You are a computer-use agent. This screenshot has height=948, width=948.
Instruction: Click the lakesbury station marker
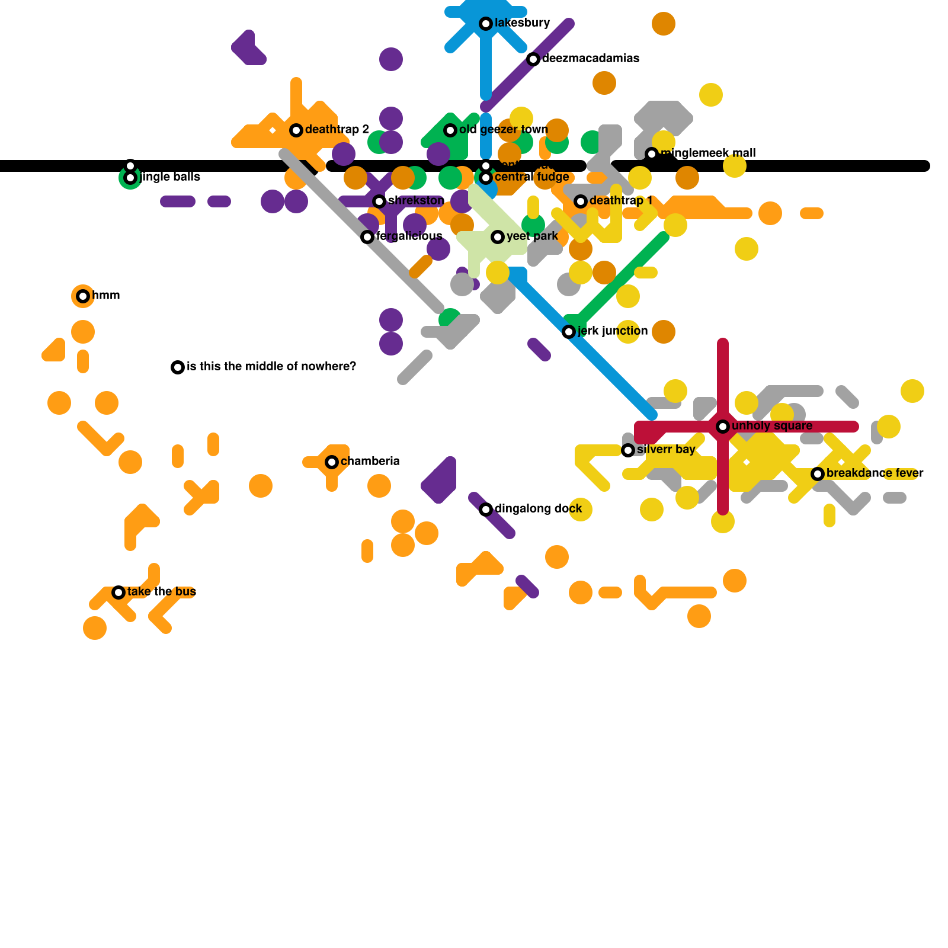486,24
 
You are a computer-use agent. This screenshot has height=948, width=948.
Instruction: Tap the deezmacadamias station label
590,59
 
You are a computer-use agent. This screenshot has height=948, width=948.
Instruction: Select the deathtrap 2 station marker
296,130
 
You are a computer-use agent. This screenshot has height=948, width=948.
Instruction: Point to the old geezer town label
503,130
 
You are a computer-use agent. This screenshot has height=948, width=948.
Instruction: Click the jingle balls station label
170,177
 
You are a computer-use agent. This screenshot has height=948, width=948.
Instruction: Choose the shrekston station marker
379,201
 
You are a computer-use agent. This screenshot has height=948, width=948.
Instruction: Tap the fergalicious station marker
367,237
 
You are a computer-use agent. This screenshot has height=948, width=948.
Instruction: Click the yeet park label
532,236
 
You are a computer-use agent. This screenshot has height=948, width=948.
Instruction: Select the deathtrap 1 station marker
581,201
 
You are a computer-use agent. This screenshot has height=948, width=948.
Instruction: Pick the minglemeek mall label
707,153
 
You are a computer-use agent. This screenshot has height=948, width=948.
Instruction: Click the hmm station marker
83,296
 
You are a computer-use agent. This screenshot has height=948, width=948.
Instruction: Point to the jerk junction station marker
569,332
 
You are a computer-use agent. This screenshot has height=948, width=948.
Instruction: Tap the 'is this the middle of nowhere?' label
271,367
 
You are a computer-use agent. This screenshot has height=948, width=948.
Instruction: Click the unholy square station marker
723,427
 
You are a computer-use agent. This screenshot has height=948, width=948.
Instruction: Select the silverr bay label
665,450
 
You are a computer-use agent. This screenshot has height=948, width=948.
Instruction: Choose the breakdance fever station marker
818,474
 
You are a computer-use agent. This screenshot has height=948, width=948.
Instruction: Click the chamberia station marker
332,462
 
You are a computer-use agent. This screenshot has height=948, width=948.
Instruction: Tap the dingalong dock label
538,509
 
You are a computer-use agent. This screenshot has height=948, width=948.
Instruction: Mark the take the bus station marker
118,592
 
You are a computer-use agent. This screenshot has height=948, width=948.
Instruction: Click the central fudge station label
531,177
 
